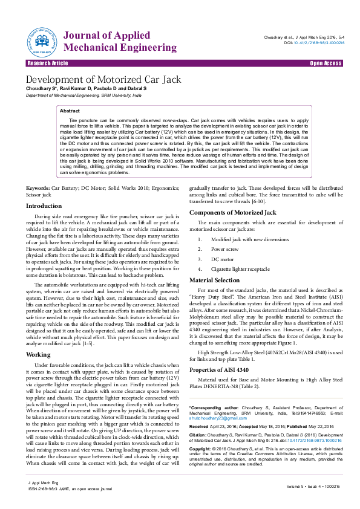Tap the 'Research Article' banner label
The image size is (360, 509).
coord(48,63)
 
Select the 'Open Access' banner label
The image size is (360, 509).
coord(326,63)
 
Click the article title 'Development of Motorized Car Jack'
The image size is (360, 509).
coord(103,80)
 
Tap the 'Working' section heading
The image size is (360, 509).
coord(38,354)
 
